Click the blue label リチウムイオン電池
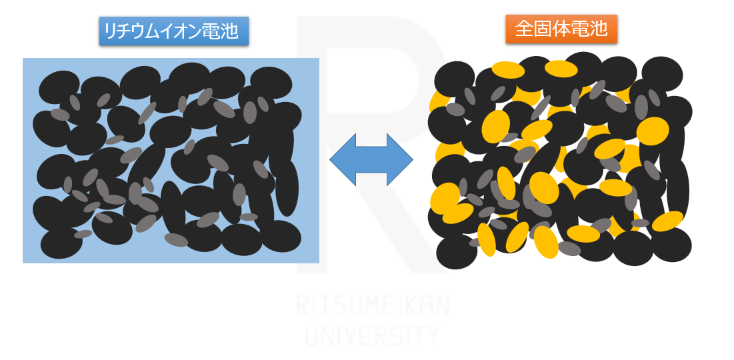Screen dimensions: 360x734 (x=173, y=31)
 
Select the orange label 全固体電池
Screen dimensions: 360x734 (x=561, y=29)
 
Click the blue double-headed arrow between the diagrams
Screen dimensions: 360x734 (x=371, y=160)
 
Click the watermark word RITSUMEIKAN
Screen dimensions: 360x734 (x=372, y=305)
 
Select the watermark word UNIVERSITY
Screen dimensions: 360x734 (x=372, y=335)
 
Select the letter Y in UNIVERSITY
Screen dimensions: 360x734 (x=432, y=335)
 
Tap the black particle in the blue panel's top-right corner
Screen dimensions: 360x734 (x=271, y=83)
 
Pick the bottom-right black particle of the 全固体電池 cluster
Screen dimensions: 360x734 (x=671, y=245)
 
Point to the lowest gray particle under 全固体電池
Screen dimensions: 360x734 (x=569, y=249)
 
